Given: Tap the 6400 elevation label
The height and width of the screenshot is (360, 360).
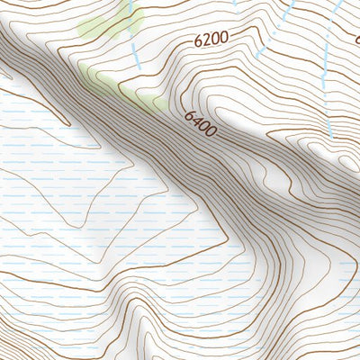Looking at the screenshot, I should (200, 123).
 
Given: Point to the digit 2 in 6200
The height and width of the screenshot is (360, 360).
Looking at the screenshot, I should (203, 40).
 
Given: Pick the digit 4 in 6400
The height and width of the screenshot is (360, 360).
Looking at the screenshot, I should (195, 120).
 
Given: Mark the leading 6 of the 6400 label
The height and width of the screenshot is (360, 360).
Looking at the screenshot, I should (189, 114).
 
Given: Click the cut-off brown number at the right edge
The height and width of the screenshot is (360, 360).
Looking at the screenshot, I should (356, 39).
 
